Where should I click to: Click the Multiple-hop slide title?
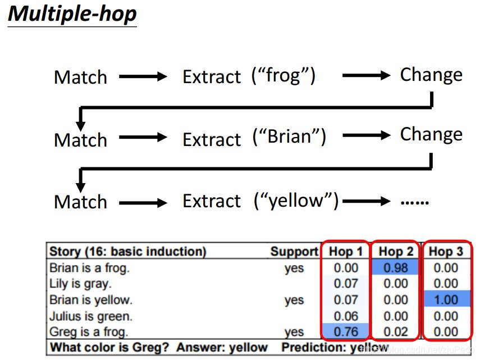click(x=72, y=14)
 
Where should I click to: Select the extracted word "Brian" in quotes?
click(x=289, y=136)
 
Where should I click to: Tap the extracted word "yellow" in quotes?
click(x=296, y=200)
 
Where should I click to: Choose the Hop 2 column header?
click(x=396, y=251)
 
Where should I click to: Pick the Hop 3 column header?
click(x=446, y=251)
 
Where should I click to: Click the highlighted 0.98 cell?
click(x=396, y=267)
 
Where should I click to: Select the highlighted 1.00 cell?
click(x=446, y=300)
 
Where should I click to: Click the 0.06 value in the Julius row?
click(x=345, y=316)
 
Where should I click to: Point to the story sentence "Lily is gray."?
click(x=80, y=284)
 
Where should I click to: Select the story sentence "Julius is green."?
click(x=90, y=316)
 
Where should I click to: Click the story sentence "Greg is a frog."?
click(x=89, y=332)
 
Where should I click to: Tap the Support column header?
click(x=294, y=251)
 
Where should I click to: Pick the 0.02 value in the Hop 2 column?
click(x=396, y=332)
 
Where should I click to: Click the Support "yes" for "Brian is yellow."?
click(x=294, y=300)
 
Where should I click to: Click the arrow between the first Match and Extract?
click(x=143, y=77)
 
